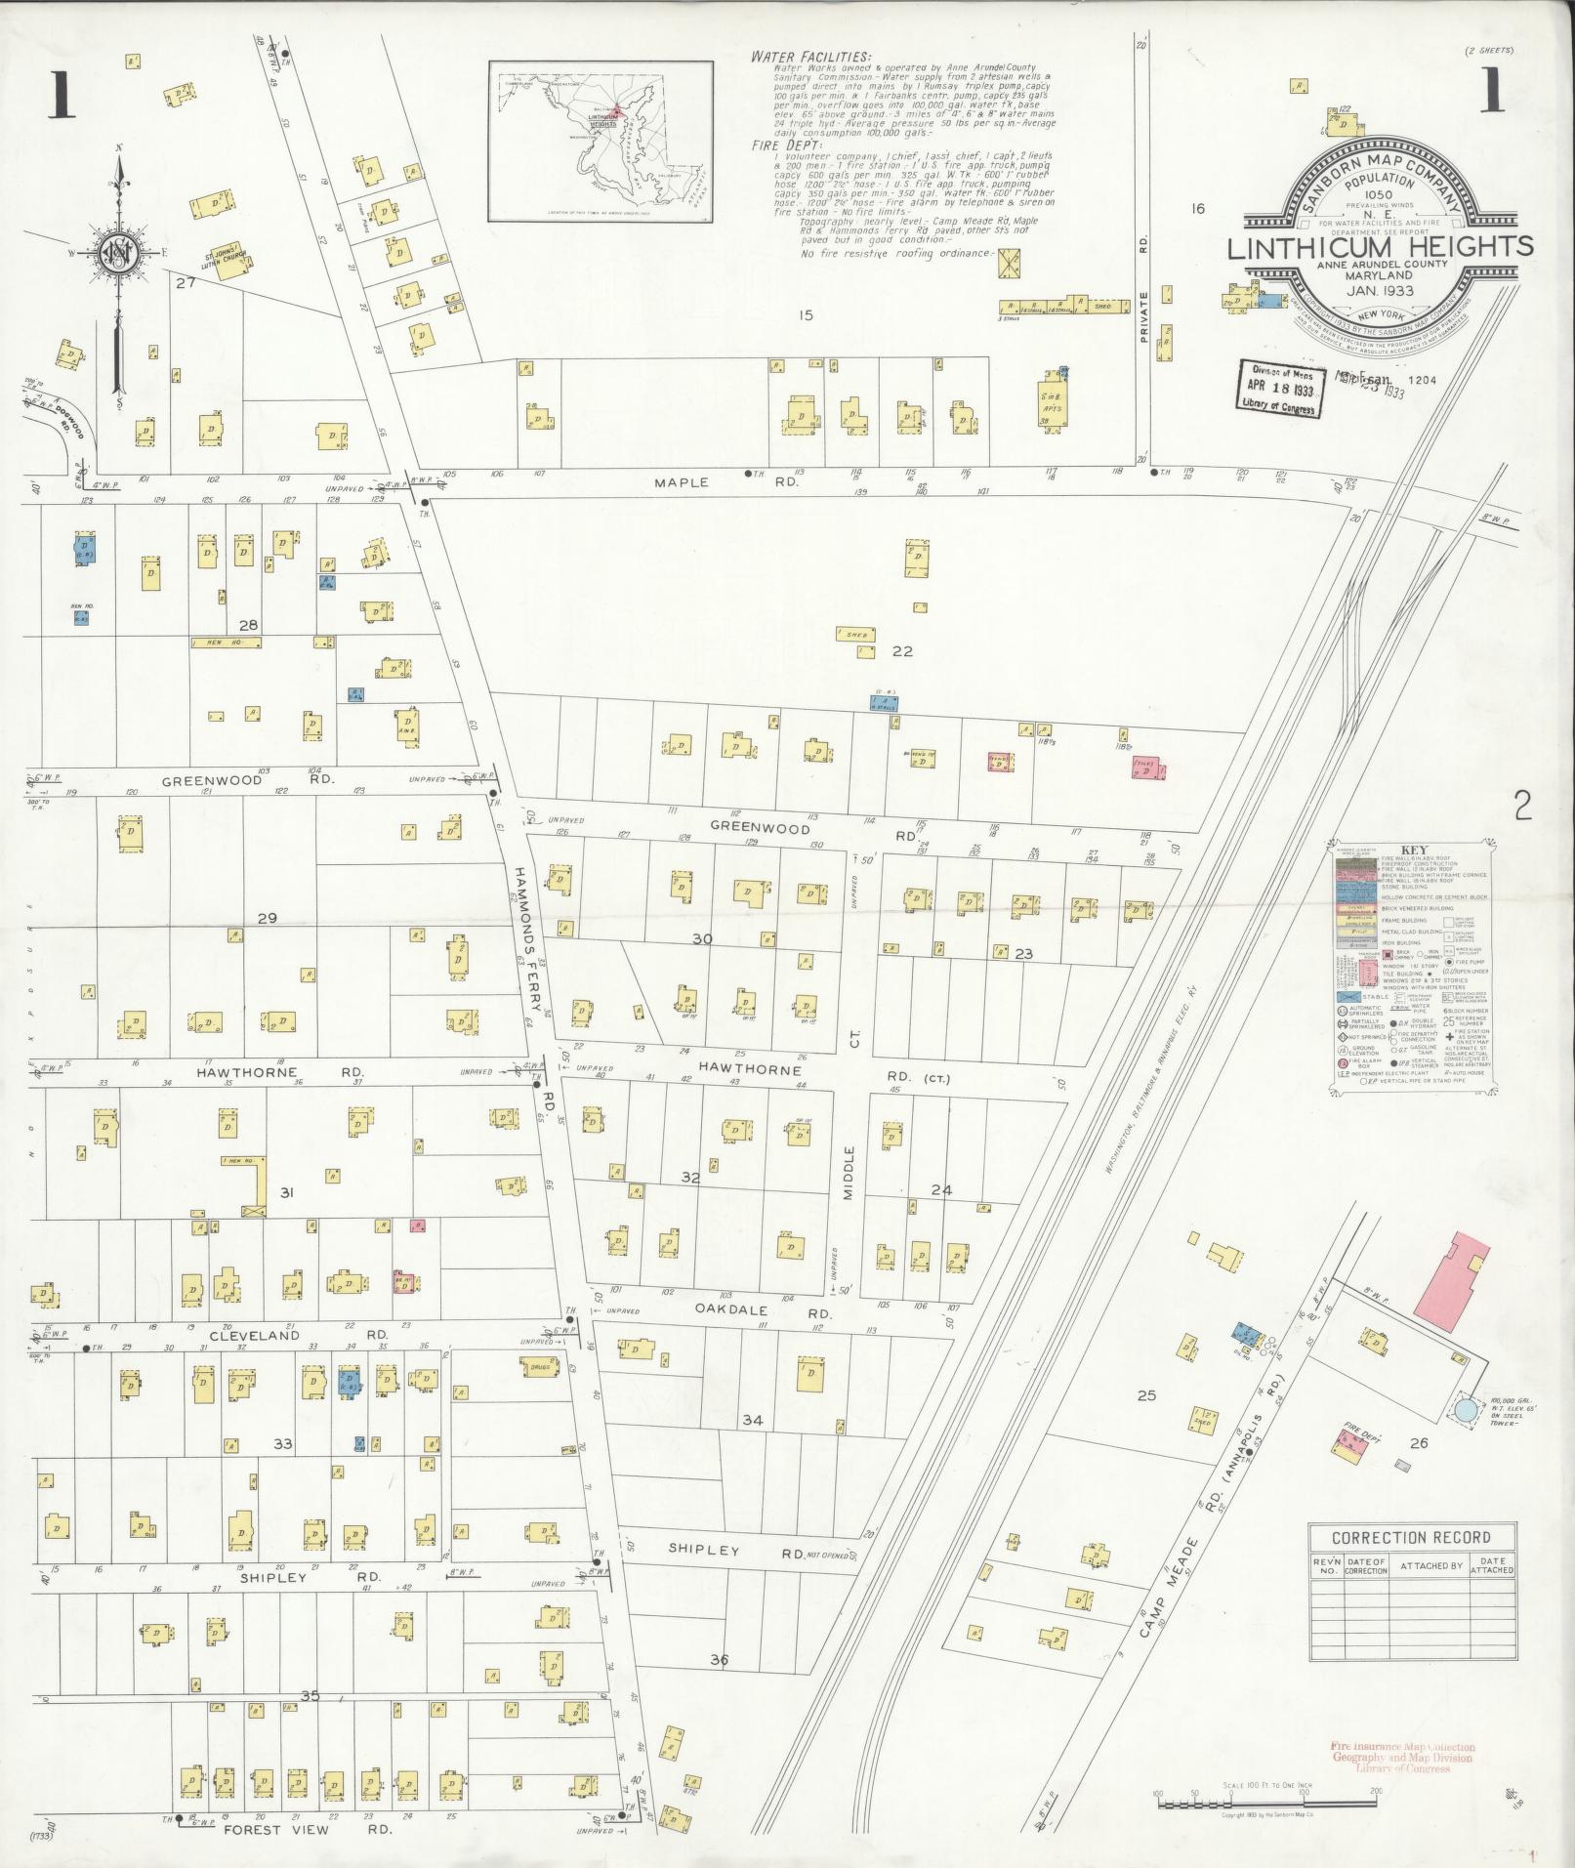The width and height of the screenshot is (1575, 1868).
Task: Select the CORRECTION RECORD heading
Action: (1412, 1537)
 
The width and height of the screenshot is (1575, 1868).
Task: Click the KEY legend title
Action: (1413, 850)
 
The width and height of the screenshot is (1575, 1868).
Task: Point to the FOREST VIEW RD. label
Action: (308, 1830)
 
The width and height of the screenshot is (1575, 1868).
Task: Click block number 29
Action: (267, 918)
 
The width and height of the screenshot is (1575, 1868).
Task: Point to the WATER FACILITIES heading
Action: (810, 57)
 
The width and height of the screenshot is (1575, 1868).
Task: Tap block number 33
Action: (282, 1443)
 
